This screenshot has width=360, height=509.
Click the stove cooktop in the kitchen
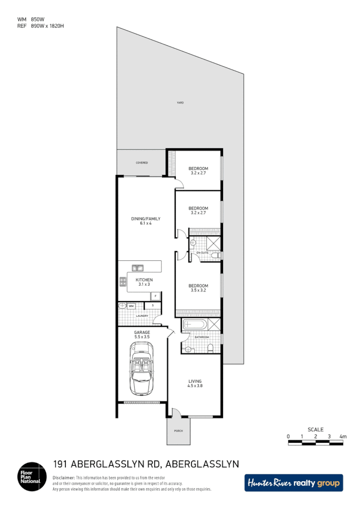tap(122, 282)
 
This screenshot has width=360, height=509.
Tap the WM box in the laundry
tap(131, 306)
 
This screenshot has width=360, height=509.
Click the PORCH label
tap(178, 431)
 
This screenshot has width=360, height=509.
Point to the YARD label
tap(180, 103)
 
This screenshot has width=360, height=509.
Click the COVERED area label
tap(141, 163)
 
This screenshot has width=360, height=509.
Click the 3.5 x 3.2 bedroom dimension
tap(198, 290)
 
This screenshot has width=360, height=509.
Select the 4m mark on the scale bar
tap(343, 436)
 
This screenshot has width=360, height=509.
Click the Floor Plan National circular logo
tap(32, 476)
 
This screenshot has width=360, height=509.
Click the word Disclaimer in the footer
tap(64, 478)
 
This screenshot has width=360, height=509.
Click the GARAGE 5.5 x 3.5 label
tap(142, 335)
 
